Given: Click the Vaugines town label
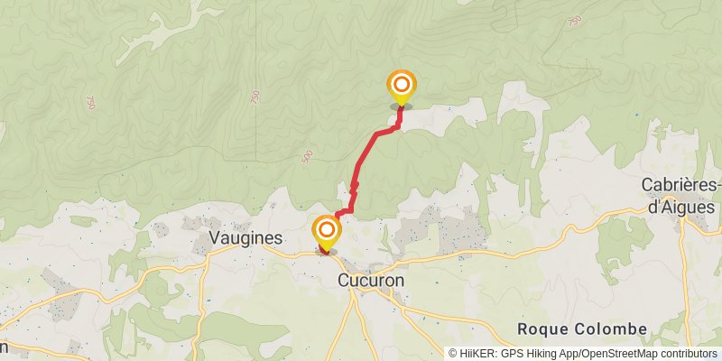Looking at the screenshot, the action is pyautogui.click(x=233, y=238).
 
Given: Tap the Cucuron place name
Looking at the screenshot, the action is pyautogui.click(x=370, y=281).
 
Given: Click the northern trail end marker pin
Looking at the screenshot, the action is pyautogui.click(x=402, y=88).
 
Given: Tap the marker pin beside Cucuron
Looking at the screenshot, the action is pyautogui.click(x=326, y=232).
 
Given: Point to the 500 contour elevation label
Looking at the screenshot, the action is pyautogui.click(x=307, y=157).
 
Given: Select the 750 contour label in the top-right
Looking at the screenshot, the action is pyautogui.click(x=575, y=20).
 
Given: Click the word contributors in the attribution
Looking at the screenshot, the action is pyautogui.click(x=688, y=354).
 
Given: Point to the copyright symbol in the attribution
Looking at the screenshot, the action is pyautogui.click(x=454, y=354).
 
